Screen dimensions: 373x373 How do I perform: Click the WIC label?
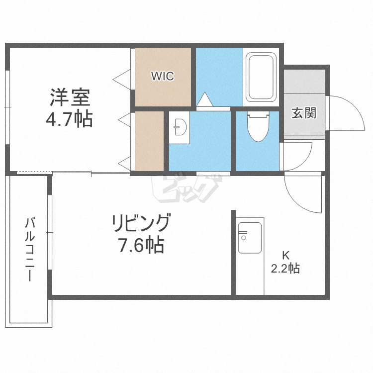(x=163, y=76)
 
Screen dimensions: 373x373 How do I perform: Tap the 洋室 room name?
(x=70, y=97)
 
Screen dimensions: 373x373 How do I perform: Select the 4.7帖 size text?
(x=69, y=119)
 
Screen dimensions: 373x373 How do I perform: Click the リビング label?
(x=142, y=223)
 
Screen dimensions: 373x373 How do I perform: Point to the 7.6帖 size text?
(x=142, y=245)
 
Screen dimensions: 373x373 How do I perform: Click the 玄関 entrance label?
(x=304, y=113)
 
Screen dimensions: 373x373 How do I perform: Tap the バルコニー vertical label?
(x=30, y=249)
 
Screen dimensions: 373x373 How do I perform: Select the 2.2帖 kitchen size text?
(x=285, y=269)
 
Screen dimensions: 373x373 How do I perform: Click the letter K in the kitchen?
(x=285, y=256)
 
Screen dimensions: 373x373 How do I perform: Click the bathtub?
(x=261, y=77)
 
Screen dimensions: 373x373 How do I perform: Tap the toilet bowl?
(x=258, y=126)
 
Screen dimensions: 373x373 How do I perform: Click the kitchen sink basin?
(x=250, y=238)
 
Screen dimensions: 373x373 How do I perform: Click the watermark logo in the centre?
(x=186, y=188)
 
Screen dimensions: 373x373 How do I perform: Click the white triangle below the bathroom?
(x=204, y=99)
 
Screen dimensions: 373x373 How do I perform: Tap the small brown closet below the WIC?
(x=149, y=141)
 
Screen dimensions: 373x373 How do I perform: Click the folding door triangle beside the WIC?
(x=122, y=79)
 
